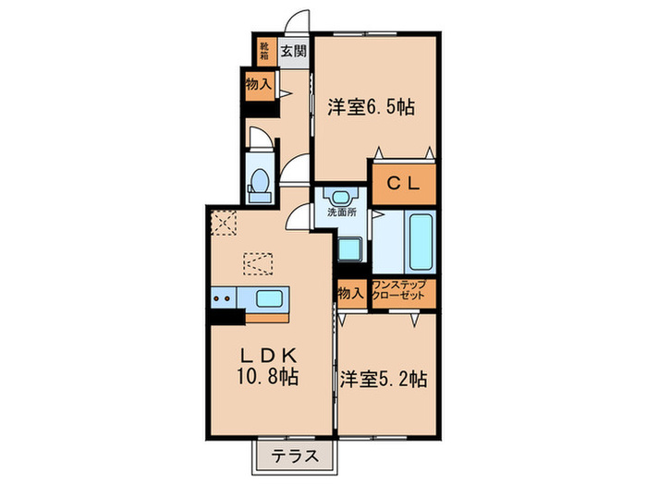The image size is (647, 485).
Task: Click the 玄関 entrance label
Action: click(x=293, y=51)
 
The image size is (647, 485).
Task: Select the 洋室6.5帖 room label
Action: click(x=371, y=106)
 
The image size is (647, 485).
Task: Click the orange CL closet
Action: click(x=403, y=184)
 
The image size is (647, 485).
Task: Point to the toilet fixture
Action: click(x=259, y=182)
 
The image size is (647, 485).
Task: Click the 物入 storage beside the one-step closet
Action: click(x=349, y=294)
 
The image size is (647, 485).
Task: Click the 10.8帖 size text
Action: click(x=268, y=379)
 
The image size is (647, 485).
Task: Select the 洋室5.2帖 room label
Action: click(x=382, y=378)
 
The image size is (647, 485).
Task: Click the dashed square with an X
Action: click(x=224, y=223)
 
